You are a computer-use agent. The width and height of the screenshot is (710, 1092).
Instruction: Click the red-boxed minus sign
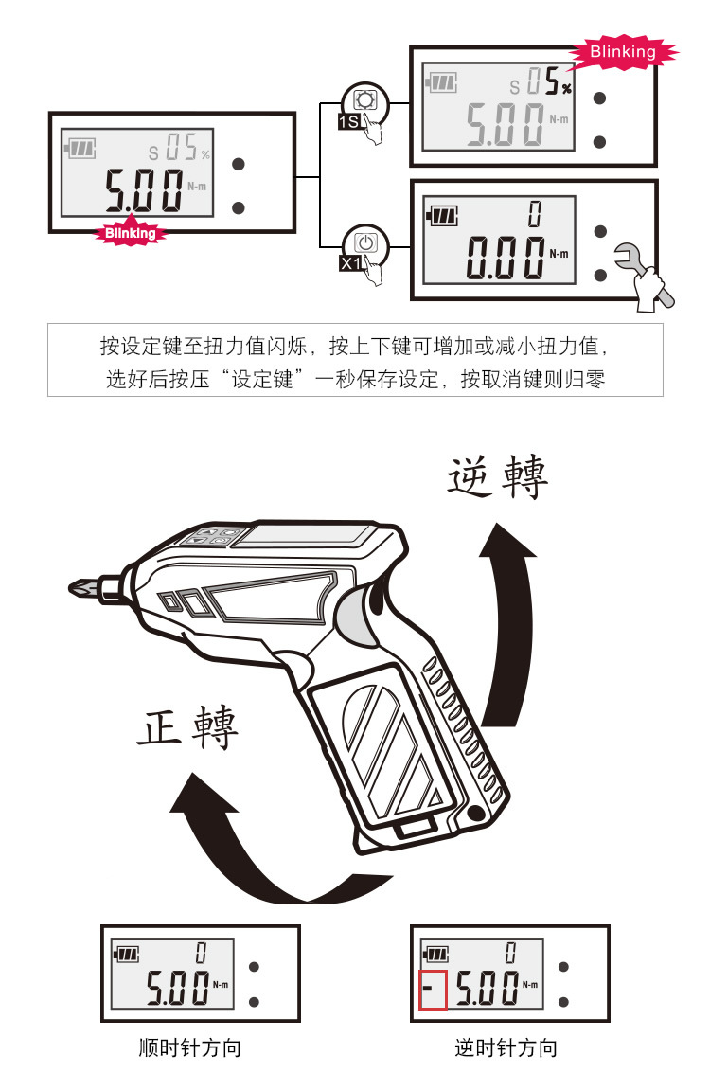pos(432,992)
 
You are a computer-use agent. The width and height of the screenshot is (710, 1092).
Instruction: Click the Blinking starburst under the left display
pos(130,232)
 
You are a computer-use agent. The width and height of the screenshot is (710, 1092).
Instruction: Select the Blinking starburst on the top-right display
pos(622,52)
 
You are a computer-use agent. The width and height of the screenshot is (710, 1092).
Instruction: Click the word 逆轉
pos(497,478)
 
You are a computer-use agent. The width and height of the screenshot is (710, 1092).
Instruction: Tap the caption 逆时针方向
pos(506,1048)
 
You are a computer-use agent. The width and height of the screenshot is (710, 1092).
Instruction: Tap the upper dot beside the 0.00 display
pos(600,231)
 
